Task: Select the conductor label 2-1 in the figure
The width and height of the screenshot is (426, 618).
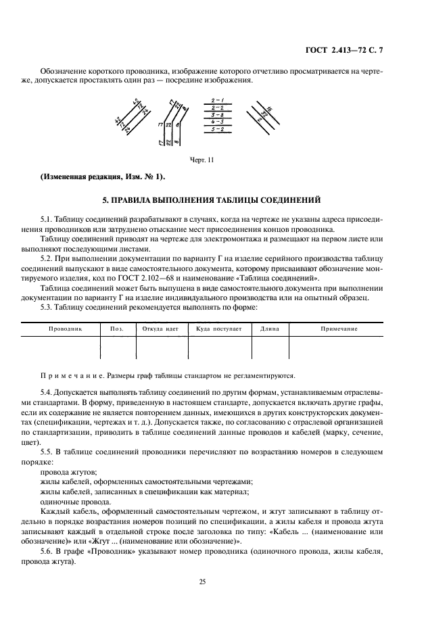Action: point(217,99)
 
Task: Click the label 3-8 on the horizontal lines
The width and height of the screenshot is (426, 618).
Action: point(217,114)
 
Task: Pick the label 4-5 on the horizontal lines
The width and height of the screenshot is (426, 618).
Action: point(217,122)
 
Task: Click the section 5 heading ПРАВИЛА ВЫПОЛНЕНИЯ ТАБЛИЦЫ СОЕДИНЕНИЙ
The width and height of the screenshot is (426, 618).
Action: point(212,200)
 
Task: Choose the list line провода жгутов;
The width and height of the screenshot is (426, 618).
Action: point(69,471)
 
